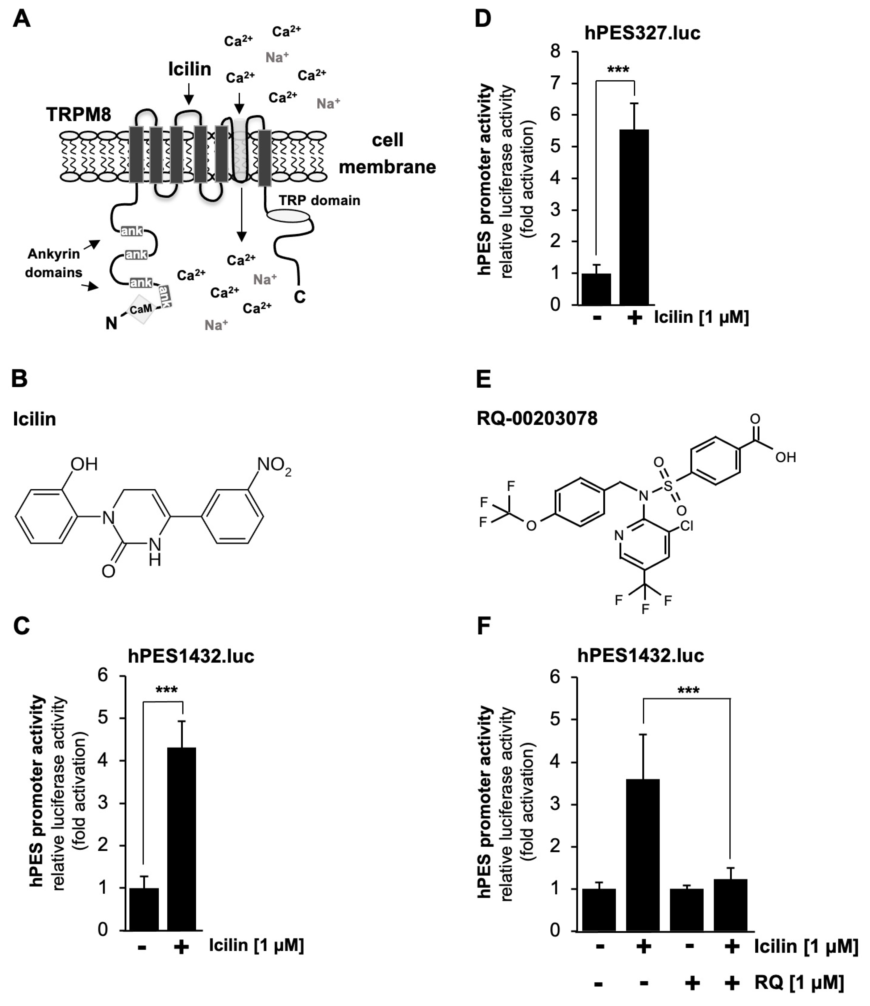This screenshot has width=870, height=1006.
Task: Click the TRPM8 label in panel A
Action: (79, 115)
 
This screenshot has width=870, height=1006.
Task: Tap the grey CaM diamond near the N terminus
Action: (141, 309)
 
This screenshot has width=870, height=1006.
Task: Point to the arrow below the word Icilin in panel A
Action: (189, 93)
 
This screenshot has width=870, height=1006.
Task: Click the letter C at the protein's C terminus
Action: (299, 297)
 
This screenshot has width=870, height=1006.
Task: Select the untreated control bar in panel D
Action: (596, 289)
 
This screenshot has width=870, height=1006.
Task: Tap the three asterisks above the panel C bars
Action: (167, 690)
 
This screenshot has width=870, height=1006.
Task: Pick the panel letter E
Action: (483, 379)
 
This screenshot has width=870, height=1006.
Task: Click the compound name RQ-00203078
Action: (537, 418)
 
